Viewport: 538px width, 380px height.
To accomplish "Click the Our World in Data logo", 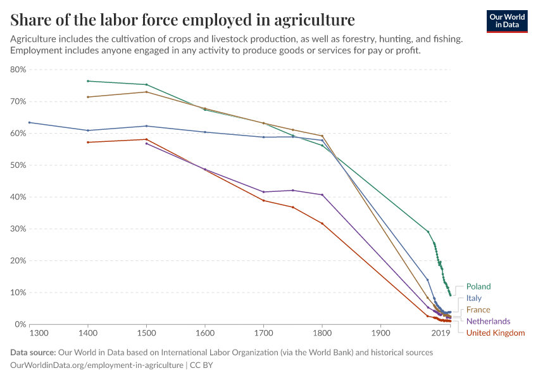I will [x=506, y=21].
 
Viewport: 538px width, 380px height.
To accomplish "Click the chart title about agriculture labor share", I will [x=183, y=19].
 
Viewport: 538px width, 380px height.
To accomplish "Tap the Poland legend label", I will [x=478, y=286].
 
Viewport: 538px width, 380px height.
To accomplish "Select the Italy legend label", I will [x=473, y=298].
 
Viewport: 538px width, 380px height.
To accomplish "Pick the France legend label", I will [x=478, y=310].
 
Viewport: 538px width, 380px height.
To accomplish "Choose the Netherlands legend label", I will [x=488, y=321].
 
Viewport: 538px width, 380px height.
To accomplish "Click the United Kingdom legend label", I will [x=495, y=332].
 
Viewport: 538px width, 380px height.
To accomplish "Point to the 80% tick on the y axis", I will [x=18, y=70].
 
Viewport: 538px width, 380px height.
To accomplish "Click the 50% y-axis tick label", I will [x=18, y=165].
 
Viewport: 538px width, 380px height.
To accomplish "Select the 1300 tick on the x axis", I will [x=39, y=333].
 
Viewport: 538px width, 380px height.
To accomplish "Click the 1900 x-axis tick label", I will [x=380, y=333].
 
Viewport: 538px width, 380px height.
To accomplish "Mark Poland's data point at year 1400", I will [x=88, y=81].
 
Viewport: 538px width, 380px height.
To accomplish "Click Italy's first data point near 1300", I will [x=29, y=122].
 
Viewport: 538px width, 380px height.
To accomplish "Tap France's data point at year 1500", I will [x=146, y=92].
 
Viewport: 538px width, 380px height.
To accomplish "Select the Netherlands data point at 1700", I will [x=263, y=192].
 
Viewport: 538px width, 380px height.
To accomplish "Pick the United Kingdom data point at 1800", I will [x=322, y=223].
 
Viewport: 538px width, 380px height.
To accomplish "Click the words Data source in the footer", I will [x=33, y=352].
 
